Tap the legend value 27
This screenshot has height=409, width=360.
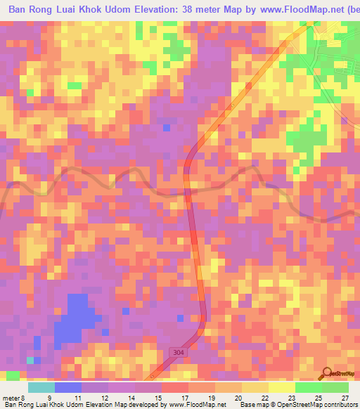345,398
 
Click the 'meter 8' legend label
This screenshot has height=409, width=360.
13,398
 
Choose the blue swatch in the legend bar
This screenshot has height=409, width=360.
67,387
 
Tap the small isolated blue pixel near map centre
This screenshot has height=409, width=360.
166,127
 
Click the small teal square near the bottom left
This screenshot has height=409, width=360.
30,360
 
